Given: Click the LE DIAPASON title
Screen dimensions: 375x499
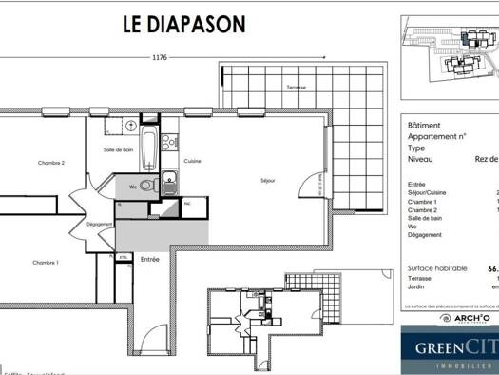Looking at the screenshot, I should [x=182, y=23].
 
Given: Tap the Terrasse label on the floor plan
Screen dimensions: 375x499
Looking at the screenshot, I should [x=297, y=87].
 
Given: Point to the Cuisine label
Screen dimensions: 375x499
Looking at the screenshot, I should [x=193, y=161].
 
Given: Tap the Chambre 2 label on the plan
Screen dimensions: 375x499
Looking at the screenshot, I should [x=51, y=163].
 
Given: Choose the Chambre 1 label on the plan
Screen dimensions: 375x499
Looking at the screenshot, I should [x=46, y=263].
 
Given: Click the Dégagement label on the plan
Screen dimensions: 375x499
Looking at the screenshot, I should [x=100, y=225].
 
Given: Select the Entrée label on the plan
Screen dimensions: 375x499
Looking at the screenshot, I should [x=150, y=259].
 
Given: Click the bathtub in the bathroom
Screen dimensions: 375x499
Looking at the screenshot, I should [x=149, y=149].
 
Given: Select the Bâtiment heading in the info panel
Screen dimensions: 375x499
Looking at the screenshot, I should [x=423, y=125].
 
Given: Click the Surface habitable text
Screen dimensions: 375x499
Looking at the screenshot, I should [x=437, y=268].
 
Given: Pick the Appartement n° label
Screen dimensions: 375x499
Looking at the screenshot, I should [x=436, y=137].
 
